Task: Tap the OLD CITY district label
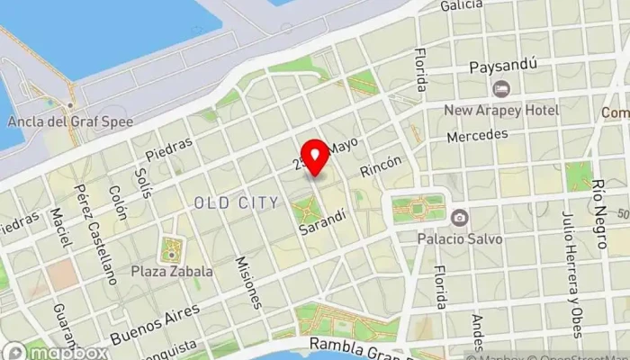(x=236, y=202)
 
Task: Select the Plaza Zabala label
(x=172, y=271)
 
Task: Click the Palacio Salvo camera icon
(x=460, y=217)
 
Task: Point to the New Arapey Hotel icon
(x=501, y=89)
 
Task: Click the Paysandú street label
(x=503, y=67)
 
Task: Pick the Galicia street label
(x=463, y=6)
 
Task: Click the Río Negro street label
(x=599, y=205)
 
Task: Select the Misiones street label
(x=248, y=281)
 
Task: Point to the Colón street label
(x=117, y=203)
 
